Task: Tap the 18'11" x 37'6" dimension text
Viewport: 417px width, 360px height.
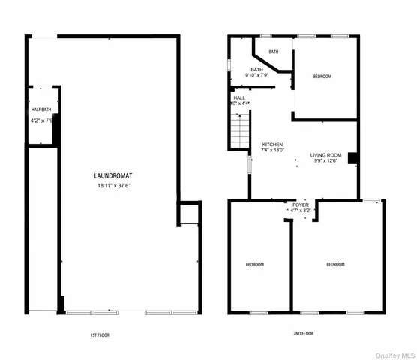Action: pyautogui.click(x=114, y=185)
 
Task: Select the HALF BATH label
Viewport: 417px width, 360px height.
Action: pyautogui.click(x=40, y=109)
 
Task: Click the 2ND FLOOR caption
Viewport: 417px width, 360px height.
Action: pyautogui.click(x=304, y=333)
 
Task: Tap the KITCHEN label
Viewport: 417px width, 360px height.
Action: pyautogui.click(x=271, y=144)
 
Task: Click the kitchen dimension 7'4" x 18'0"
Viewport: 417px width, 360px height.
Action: pyautogui.click(x=271, y=151)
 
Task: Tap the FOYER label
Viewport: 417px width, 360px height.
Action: pyautogui.click(x=301, y=205)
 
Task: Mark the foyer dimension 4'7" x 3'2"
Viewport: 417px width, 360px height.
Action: pyautogui.click(x=301, y=211)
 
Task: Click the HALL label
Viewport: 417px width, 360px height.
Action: pyautogui.click(x=239, y=97)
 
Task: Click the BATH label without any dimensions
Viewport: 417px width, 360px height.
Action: pyautogui.click(x=274, y=52)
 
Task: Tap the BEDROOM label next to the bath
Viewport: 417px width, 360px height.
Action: pyautogui.click(x=322, y=76)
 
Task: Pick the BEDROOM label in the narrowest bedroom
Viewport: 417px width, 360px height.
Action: pyautogui.click(x=255, y=265)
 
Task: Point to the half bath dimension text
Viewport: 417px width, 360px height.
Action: pyautogui.click(x=40, y=120)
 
